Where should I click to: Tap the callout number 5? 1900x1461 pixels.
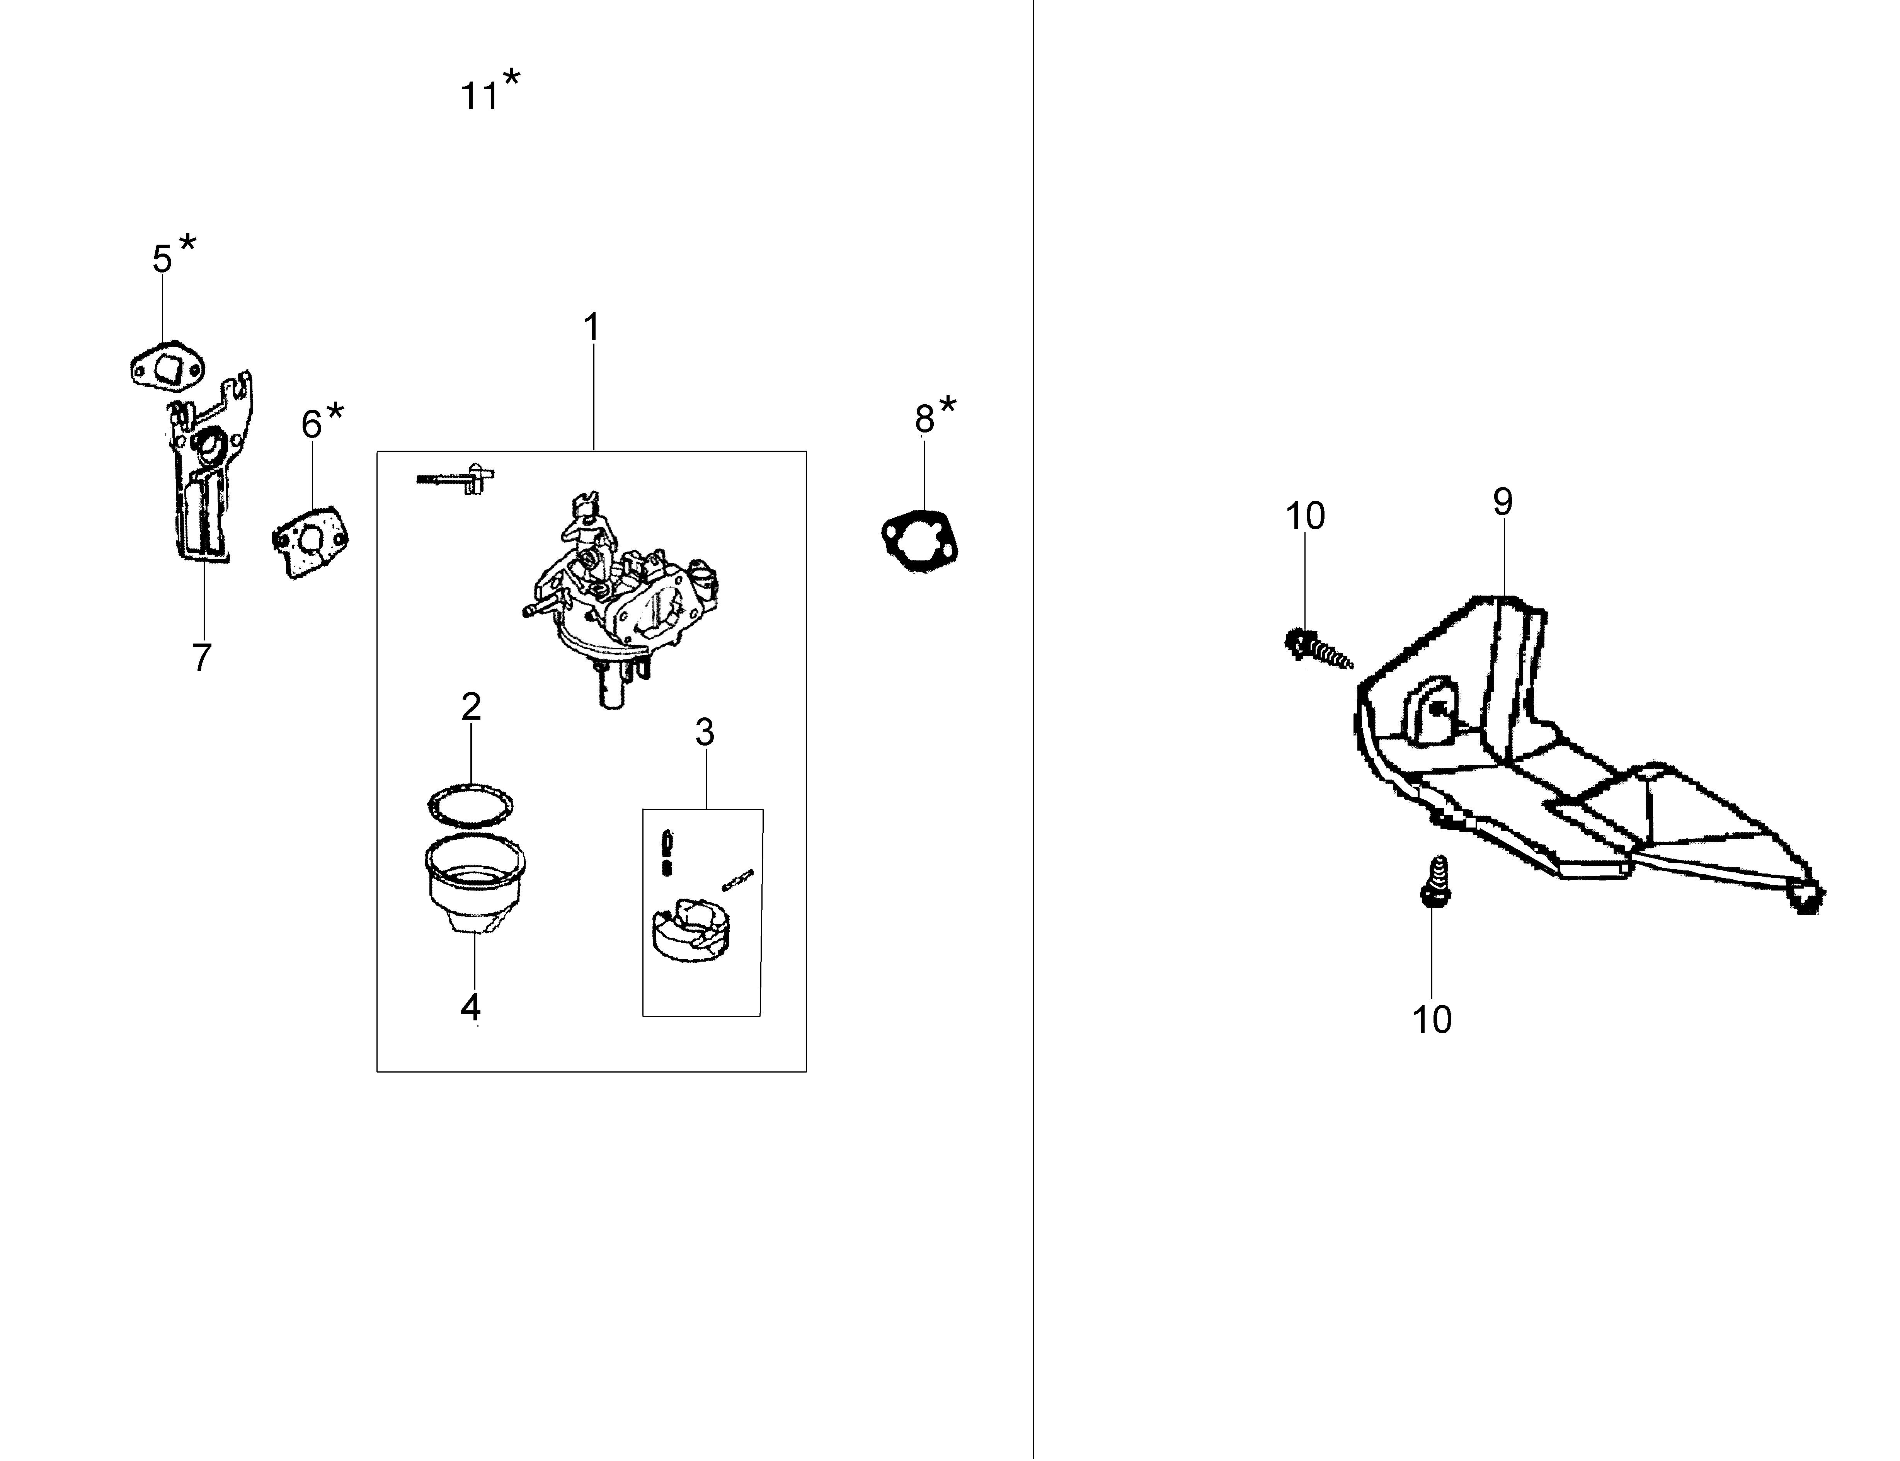point(163,258)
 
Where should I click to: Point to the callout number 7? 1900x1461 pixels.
point(202,657)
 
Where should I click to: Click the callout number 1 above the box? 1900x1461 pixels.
point(591,327)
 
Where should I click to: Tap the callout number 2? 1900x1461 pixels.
point(471,706)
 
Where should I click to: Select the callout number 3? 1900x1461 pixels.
point(704,732)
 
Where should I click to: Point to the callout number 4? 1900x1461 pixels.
point(470,1007)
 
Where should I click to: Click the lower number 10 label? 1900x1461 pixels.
point(1431,1019)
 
